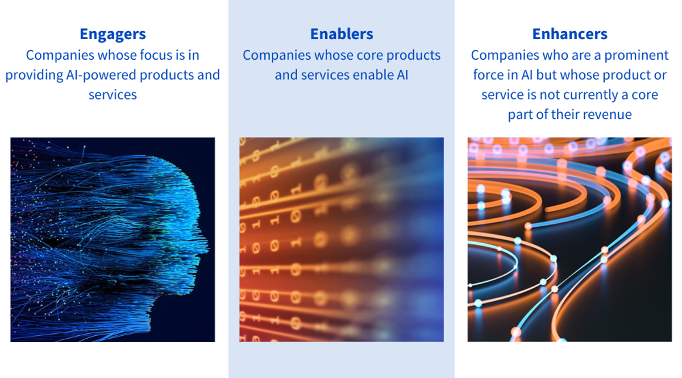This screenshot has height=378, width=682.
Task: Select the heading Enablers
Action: click(342, 34)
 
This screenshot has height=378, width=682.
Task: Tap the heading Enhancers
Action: click(569, 34)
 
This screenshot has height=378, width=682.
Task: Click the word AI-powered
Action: click(101, 75)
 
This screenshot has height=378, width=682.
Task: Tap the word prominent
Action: click(637, 56)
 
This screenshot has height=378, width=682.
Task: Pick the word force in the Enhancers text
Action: click(488, 75)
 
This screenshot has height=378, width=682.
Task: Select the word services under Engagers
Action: click(113, 95)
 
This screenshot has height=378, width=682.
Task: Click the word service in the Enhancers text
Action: click(500, 95)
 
